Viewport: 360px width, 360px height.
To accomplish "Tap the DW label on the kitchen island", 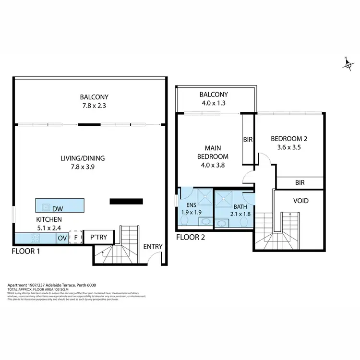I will (58, 208).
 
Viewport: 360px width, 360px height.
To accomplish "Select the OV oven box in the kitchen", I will (62, 238).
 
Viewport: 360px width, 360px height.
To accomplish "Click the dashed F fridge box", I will (75, 237).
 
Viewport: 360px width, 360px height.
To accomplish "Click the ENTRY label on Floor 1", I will (153, 247).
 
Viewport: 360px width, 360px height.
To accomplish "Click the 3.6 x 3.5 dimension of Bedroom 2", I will (289, 148).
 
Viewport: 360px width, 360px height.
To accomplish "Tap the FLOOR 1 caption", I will (26, 251).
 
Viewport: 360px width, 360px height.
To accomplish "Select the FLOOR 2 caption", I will (191, 237).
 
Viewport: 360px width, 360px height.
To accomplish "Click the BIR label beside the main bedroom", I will (248, 140).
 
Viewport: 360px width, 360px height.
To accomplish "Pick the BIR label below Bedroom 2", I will (300, 183).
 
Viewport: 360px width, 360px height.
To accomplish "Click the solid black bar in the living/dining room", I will (126, 202).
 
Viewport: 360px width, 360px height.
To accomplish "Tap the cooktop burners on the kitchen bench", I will (35, 238).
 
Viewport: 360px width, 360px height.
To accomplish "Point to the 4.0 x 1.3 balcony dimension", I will (214, 103).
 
